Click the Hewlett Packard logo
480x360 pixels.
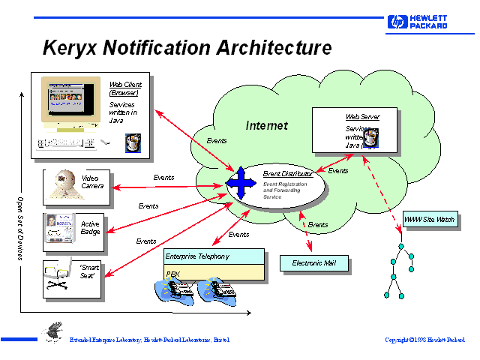[418, 22]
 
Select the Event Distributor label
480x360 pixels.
[287, 174]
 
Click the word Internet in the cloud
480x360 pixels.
[266, 126]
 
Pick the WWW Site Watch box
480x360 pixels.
[429, 220]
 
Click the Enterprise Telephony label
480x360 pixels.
[197, 256]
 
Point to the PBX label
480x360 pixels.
[173, 274]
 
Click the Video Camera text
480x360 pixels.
[92, 181]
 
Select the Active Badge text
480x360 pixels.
[90, 227]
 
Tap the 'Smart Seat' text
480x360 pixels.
[90, 271]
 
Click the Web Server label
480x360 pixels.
[362, 118]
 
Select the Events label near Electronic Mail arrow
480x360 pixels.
[318, 225]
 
